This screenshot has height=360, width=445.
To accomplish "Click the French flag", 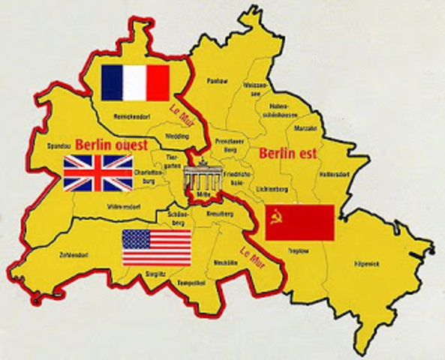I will pos(135,82).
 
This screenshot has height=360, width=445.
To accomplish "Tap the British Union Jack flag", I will pos(98,172).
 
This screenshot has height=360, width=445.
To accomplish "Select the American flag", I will pos(157,248).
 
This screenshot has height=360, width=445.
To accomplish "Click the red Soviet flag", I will pos(299,222).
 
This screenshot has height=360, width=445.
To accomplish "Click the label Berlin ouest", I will pos(115,145).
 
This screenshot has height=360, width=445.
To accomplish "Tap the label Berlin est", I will pos(287,154).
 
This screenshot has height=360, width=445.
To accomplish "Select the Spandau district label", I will pos(58,146).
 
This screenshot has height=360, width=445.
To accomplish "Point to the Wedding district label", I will pos(177,137).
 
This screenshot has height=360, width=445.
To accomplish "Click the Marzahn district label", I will pos(309,128).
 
